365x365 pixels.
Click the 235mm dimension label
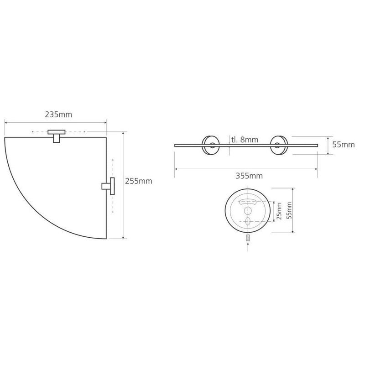58,115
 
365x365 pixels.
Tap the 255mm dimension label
139,181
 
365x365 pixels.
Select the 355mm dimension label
249,176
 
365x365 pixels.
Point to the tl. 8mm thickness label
245,140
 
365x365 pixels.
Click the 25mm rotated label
279,211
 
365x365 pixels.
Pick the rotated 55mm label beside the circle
289,210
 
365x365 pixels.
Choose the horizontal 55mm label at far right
344,145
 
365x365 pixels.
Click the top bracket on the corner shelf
57,136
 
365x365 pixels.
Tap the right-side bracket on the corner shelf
109,186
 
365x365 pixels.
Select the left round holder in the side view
211,145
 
